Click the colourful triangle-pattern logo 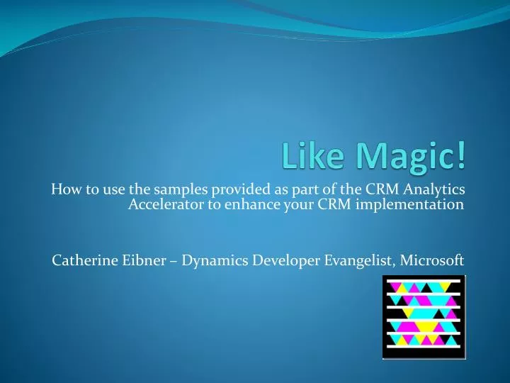coord(424,316)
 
